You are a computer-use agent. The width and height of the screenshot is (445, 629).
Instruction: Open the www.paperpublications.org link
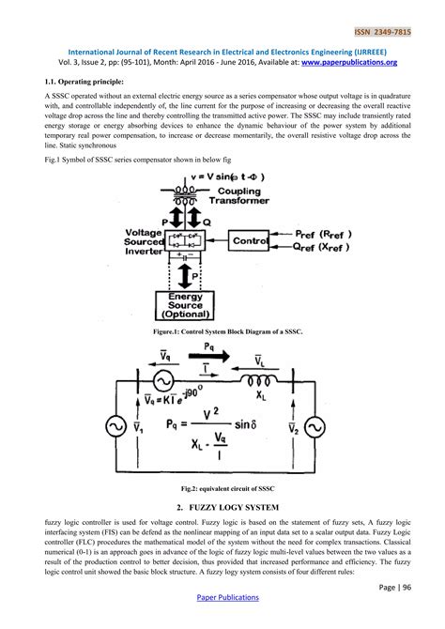click(x=347, y=63)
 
